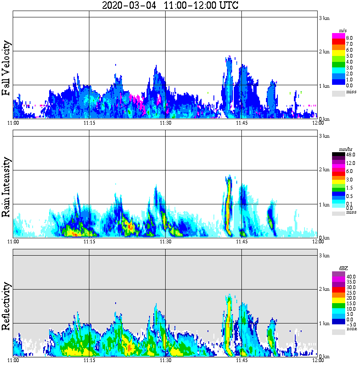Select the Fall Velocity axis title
(x=6, y=68)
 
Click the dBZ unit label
(x=342, y=268)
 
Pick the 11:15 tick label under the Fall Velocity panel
(x=89, y=123)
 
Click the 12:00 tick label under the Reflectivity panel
(x=318, y=360)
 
